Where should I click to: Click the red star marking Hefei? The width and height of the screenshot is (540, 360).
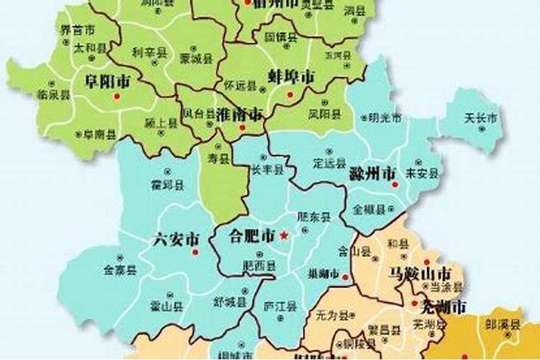point(284,235)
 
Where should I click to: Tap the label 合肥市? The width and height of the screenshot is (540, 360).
point(252,235)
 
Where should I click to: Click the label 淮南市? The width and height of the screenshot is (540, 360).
point(239,114)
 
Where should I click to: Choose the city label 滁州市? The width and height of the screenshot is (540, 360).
point(372,174)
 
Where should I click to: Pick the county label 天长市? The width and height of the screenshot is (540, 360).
point(480,117)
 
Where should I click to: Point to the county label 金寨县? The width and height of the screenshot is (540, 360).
point(120,270)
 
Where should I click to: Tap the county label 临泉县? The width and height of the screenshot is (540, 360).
point(53,94)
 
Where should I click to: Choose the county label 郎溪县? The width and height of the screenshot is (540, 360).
point(502,325)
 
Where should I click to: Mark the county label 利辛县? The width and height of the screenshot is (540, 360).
point(149,52)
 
